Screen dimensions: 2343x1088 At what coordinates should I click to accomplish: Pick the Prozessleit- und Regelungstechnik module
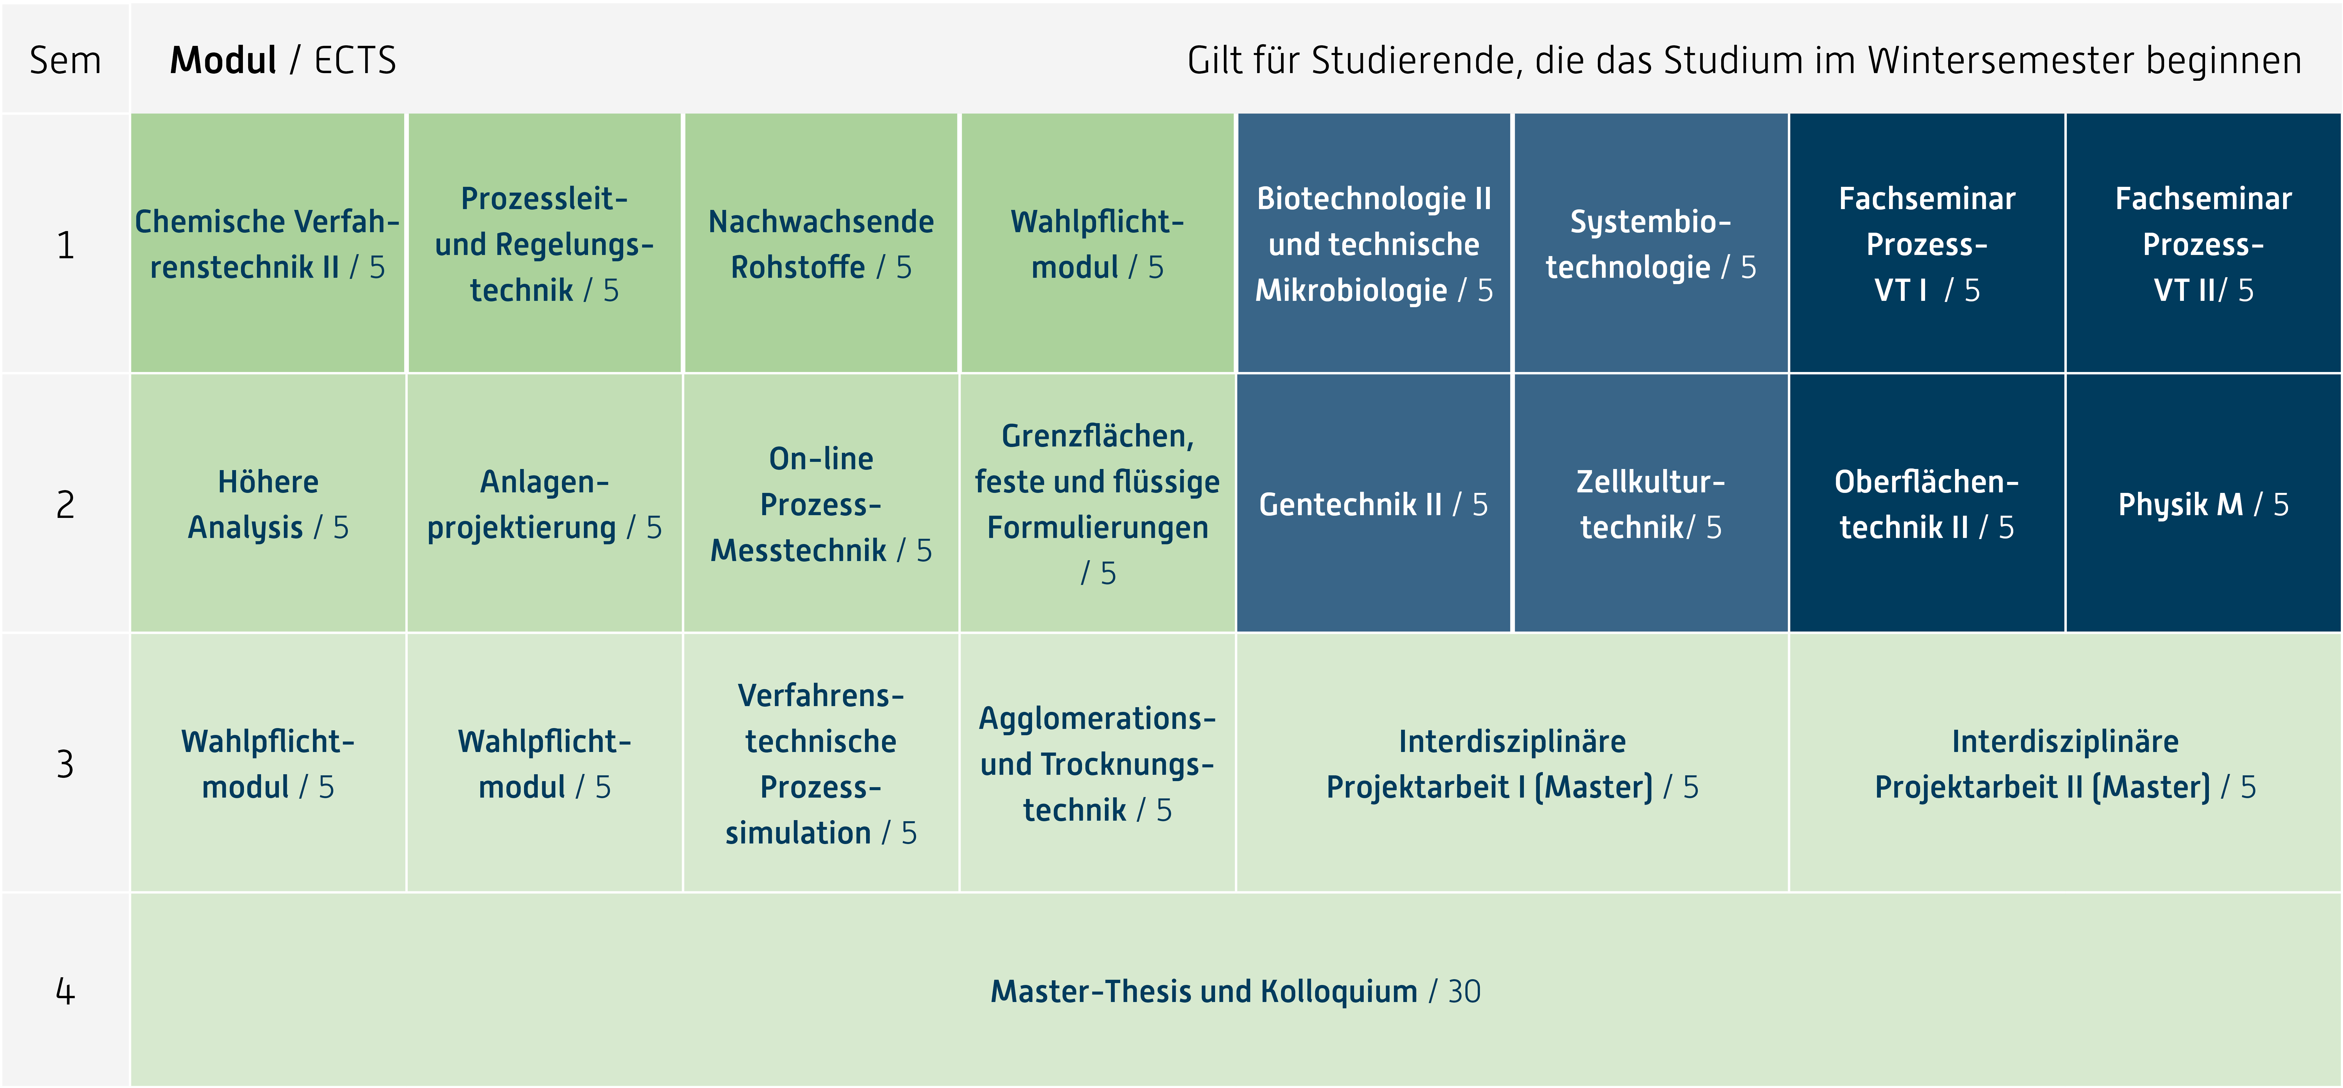coord(544,244)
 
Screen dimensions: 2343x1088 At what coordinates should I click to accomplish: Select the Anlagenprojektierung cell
coord(544,504)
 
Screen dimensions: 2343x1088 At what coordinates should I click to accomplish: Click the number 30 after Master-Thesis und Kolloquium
coord(1464,991)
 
